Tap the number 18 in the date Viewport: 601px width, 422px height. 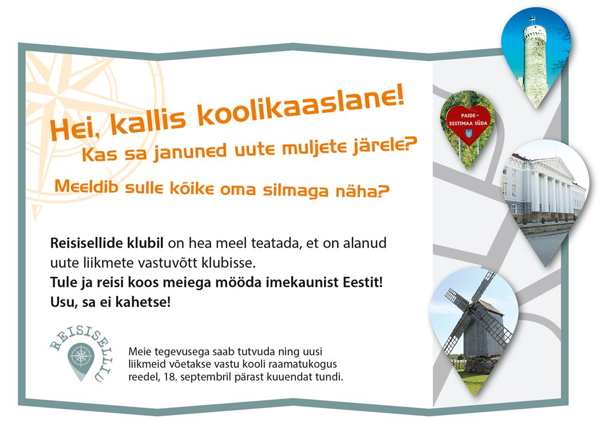tap(169, 377)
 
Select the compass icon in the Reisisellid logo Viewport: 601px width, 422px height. tap(81, 357)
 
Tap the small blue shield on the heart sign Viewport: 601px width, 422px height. tap(468, 133)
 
